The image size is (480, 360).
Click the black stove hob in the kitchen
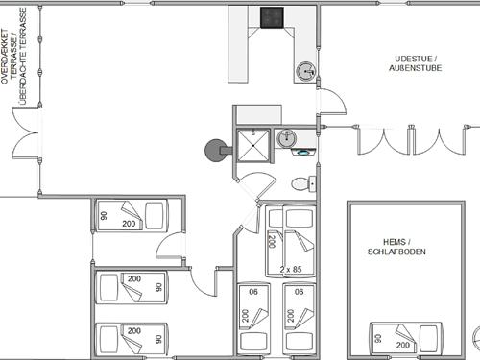tap(272, 17)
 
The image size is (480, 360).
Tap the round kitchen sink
tap(306, 71)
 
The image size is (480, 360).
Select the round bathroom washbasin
tap(286, 138)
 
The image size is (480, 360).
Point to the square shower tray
tap(253, 145)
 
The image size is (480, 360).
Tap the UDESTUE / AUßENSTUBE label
tap(416, 63)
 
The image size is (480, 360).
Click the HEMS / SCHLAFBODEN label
tap(396, 247)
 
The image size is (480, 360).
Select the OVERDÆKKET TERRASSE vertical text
tap(14, 56)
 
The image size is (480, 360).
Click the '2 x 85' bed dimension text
tap(291, 270)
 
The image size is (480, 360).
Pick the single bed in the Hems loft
tap(406, 339)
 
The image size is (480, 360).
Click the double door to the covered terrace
tap(26, 132)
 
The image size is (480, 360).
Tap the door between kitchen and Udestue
tap(332, 101)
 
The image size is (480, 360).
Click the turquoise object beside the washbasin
tap(301, 153)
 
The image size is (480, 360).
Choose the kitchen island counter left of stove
tap(238, 44)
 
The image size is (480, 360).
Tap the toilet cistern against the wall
tap(313, 184)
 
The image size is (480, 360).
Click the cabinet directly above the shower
tap(258, 114)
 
